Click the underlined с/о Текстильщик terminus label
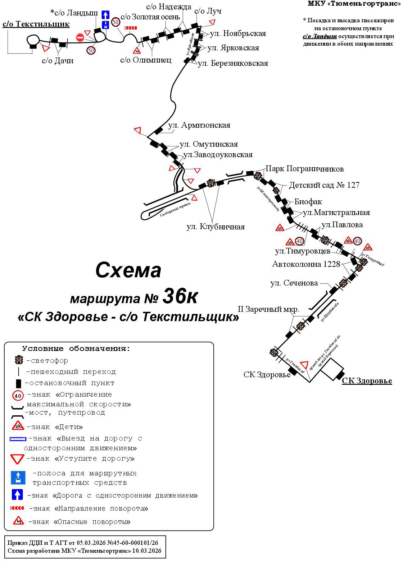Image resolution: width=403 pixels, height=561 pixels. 36,24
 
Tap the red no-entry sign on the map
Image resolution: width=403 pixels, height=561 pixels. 80,37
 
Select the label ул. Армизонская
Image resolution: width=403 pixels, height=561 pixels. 199,126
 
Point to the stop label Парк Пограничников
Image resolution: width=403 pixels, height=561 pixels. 304,169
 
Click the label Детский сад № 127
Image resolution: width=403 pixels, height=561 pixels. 324,185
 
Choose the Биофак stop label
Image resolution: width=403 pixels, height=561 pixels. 308,202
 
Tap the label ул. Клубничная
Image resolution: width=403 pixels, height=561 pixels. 215,227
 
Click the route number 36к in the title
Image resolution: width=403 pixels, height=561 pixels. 180,296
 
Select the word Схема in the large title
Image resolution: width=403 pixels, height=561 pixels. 128,270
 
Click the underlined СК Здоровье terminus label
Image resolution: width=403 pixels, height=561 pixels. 367,381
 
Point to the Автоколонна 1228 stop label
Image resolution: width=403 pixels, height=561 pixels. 306,264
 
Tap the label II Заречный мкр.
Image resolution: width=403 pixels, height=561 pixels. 268,309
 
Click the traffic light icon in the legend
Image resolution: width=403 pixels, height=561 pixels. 19,360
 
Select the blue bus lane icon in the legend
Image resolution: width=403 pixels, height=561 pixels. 18,478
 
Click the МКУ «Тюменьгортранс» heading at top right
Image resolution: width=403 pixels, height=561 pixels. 354,4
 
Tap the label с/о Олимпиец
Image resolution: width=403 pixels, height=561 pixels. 146,60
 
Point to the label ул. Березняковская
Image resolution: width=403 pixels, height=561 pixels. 233,64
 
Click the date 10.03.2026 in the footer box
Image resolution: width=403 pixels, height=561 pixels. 147,551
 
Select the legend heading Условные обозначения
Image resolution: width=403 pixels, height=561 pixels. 76,348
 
